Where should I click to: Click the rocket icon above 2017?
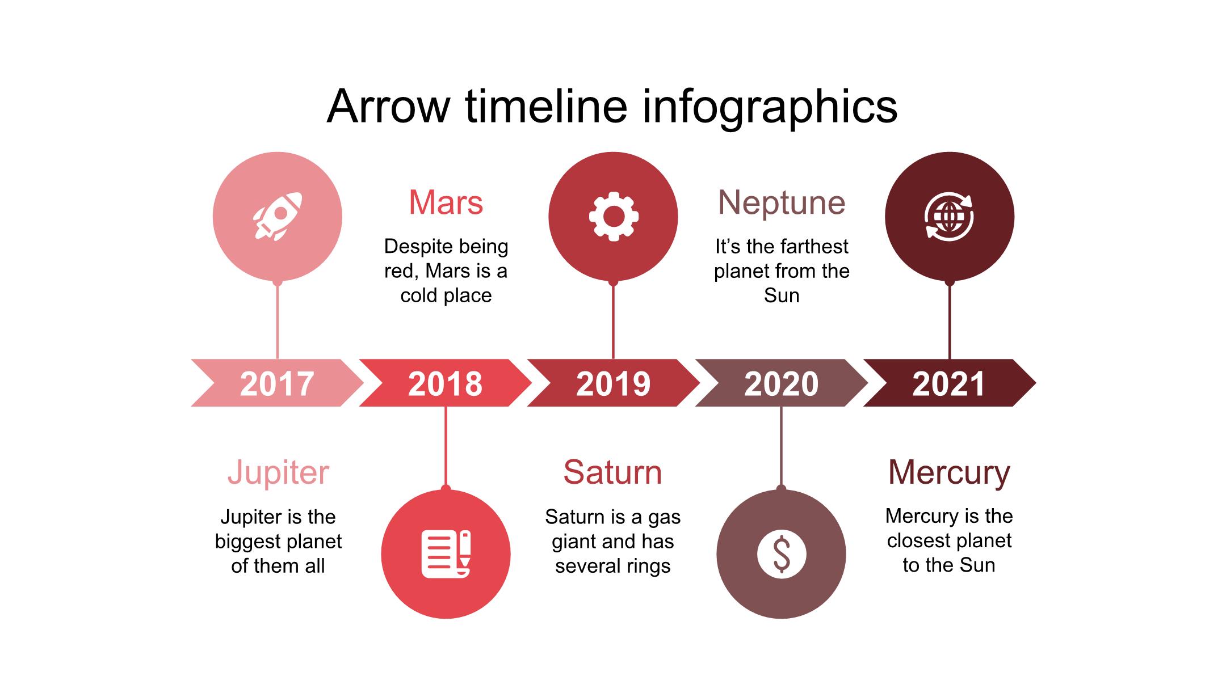pos(278,217)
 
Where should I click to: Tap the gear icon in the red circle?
pos(614,217)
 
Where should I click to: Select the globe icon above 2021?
pos(949,217)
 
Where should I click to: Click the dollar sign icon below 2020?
pos(782,554)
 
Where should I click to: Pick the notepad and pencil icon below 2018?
pos(446,554)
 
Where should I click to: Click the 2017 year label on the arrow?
pos(277,384)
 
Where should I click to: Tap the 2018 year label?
pos(445,384)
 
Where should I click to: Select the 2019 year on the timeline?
pos(613,384)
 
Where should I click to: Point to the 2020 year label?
pos(781,384)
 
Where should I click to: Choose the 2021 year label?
pos(948,384)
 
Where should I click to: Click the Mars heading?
pos(446,202)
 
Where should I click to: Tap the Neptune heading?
pos(782,203)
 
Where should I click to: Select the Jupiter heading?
pos(278,473)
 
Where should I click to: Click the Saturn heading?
pos(613,472)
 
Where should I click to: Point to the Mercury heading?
pos(949,473)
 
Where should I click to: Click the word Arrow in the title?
pos(389,106)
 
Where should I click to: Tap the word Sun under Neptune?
pos(782,295)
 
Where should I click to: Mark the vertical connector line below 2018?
pos(446,447)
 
